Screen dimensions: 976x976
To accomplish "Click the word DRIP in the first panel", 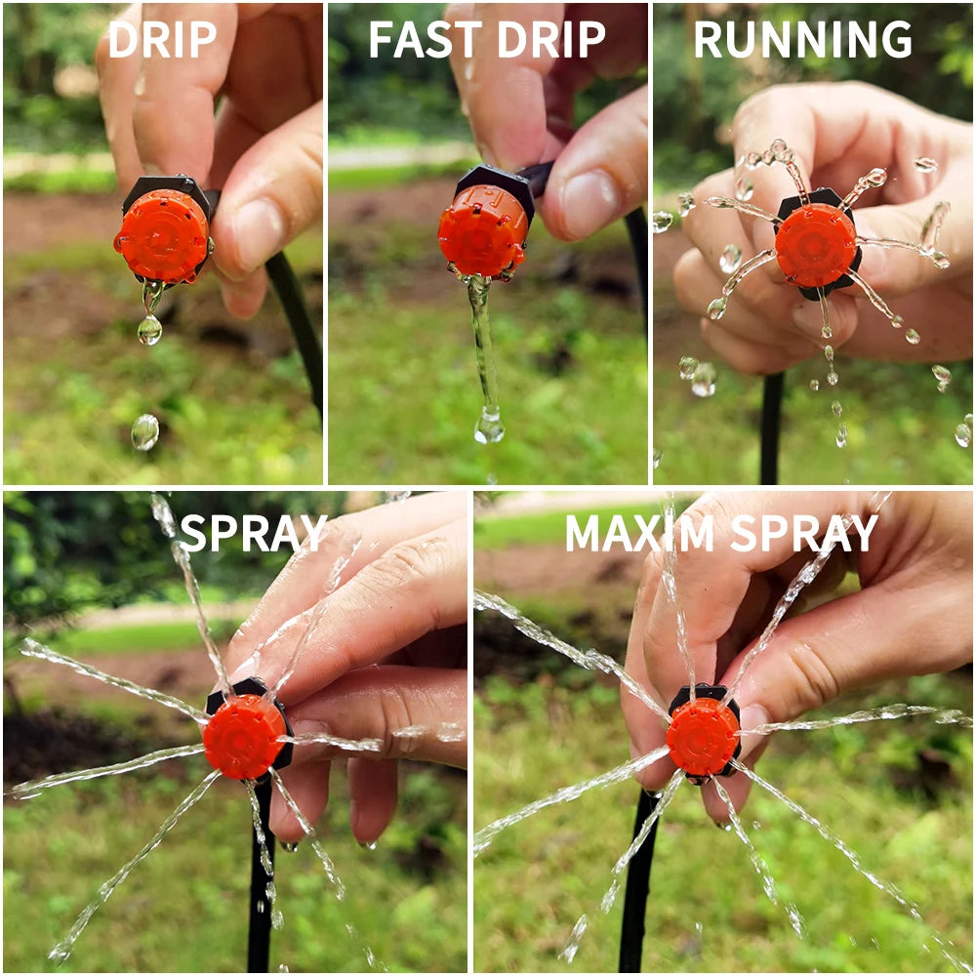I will point(162,40).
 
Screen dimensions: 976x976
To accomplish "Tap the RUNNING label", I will point(802,40).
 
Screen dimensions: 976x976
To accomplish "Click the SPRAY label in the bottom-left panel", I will point(253,533).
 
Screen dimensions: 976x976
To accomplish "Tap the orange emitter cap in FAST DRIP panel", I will point(482,228).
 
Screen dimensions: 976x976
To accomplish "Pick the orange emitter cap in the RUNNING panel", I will point(815,245).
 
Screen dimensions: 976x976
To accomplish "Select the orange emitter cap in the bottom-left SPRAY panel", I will point(243,737).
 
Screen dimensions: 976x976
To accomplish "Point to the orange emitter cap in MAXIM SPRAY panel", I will point(702,736).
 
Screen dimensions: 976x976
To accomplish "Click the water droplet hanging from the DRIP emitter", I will point(149,330).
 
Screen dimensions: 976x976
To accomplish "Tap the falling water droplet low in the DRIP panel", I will point(144,431).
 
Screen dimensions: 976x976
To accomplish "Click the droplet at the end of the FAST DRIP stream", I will point(489,427).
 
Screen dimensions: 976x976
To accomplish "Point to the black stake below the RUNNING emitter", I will point(771,429).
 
